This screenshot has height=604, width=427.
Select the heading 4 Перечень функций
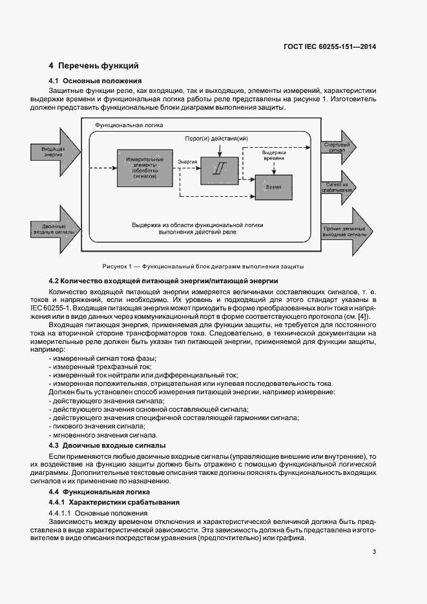94,66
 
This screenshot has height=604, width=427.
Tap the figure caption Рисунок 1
203,266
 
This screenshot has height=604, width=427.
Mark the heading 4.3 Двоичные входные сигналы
107,446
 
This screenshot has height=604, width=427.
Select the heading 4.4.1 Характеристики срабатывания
115,502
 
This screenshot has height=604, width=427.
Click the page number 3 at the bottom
374,551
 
